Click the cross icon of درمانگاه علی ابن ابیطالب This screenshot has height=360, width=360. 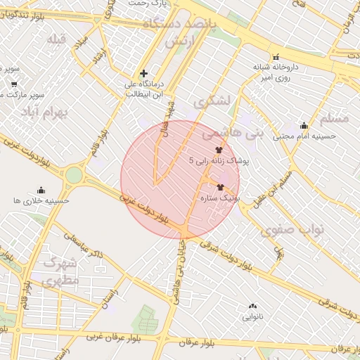(144, 73)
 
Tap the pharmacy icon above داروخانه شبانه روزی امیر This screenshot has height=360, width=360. (276, 57)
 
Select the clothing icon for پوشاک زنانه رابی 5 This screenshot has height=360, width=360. (218, 150)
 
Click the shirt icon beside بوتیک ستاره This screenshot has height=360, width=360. (221, 188)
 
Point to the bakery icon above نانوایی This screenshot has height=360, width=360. (252, 306)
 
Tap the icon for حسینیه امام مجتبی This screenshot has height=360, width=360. (304, 125)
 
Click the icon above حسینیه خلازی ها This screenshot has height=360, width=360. (40, 190)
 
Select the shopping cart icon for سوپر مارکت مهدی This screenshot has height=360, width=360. (13, 84)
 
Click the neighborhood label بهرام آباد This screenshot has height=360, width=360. (47, 112)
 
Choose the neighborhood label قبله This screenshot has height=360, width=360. (56, 39)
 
